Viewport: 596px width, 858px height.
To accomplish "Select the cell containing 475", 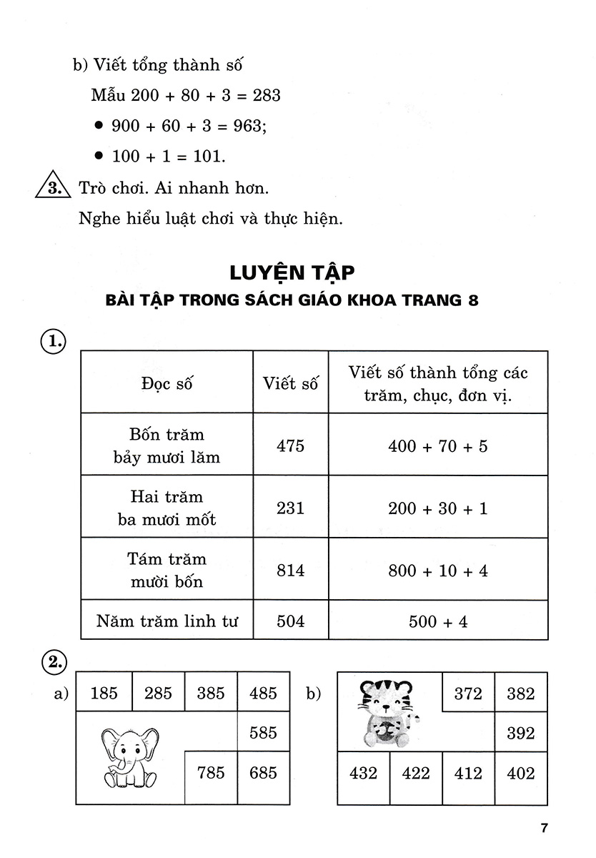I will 290,445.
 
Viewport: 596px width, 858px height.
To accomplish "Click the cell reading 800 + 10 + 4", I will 438,571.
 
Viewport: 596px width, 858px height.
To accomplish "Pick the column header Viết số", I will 290,383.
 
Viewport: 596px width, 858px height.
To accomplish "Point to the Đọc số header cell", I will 167,383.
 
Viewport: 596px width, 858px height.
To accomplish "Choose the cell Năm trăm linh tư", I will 167,621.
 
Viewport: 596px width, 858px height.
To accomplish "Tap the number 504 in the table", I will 290,621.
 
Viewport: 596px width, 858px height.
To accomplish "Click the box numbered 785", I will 211,772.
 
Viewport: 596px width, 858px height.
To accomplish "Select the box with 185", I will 104,693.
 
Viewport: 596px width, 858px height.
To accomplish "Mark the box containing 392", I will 520,733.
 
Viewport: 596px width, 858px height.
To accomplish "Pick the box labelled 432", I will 363,773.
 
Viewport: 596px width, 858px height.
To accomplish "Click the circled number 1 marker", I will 52,342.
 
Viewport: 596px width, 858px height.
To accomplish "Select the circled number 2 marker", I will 52,661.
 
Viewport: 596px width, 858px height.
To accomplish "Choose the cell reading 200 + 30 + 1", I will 438,508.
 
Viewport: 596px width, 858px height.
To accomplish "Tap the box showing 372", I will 468,693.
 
